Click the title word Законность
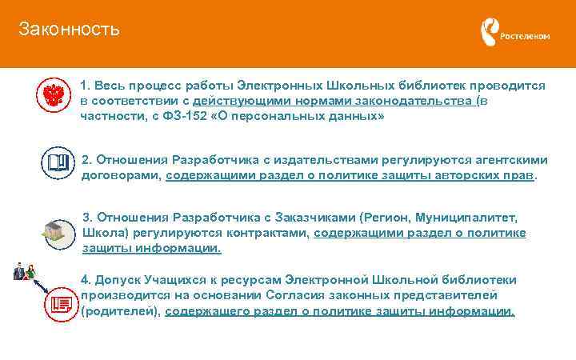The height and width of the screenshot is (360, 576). click(69, 30)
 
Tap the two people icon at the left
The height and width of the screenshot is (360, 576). click(24, 272)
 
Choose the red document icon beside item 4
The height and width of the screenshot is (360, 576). click(58, 304)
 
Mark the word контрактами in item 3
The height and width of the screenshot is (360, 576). click(268, 233)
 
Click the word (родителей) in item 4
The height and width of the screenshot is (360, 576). click(120, 311)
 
